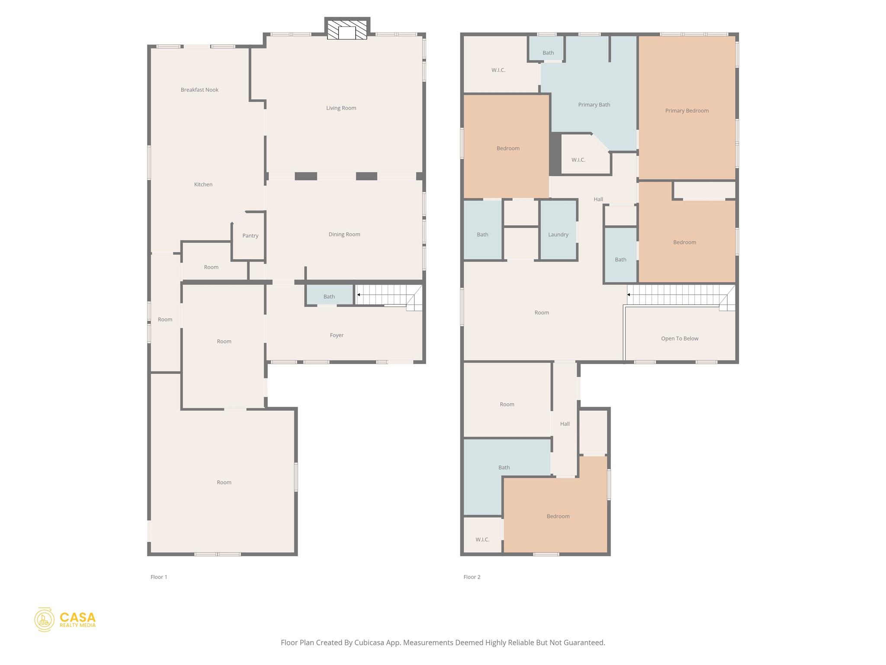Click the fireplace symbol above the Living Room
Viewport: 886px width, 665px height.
tap(347, 29)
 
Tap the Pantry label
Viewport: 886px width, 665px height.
tap(250, 236)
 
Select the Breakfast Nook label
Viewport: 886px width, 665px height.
tap(199, 90)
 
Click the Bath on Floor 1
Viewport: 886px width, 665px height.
tap(329, 295)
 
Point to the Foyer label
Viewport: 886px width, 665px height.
tap(337, 335)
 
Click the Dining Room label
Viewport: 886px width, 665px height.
tap(344, 234)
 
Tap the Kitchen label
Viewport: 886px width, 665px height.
tap(203, 184)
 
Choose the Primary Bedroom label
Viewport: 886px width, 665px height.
tap(687, 110)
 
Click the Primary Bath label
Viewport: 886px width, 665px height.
tap(594, 104)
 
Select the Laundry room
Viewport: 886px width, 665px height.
tap(558, 230)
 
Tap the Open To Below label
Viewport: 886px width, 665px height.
tap(680, 339)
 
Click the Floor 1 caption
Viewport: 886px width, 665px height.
tap(159, 577)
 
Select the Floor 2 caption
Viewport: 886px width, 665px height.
tap(472, 577)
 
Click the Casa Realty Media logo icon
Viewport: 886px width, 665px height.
tap(44, 619)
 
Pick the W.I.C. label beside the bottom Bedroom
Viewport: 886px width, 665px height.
tap(482, 539)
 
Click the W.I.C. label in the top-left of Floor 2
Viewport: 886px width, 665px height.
tap(498, 70)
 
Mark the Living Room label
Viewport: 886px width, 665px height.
tap(341, 108)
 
